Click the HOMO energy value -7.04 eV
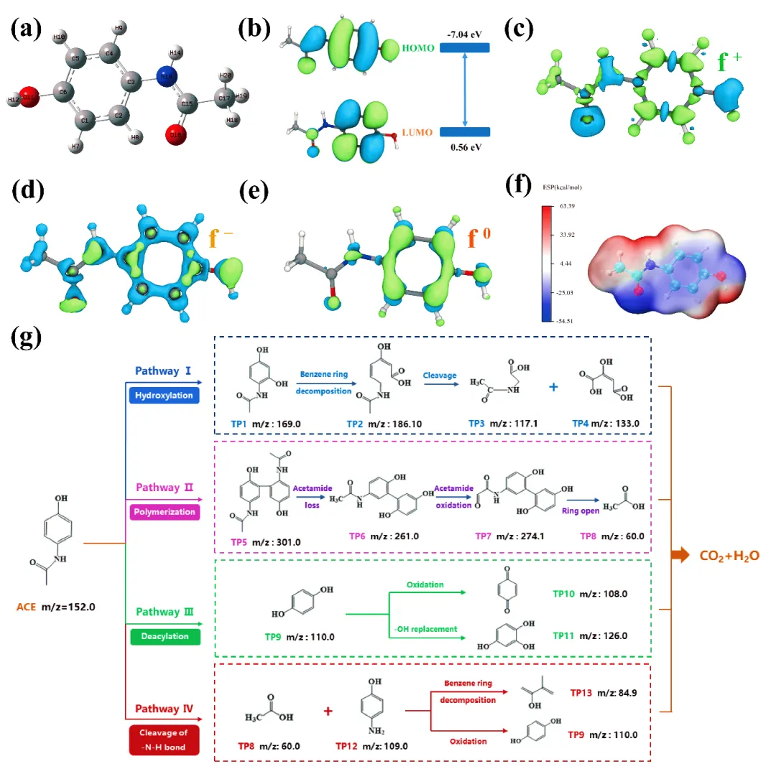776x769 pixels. click(x=464, y=34)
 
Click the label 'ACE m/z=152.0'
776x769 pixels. click(x=55, y=606)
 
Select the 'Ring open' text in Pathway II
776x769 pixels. click(x=583, y=513)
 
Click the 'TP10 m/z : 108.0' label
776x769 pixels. click(x=591, y=593)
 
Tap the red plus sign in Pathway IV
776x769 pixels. click(x=328, y=711)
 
